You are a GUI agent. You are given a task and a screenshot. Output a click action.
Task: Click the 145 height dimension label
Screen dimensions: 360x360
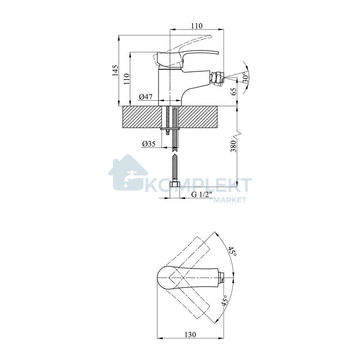115,70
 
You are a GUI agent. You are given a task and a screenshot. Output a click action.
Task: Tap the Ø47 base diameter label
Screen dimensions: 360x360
145,97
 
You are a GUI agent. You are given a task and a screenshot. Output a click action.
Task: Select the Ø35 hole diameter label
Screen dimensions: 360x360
149,144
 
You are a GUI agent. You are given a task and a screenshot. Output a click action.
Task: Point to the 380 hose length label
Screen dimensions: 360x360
233,146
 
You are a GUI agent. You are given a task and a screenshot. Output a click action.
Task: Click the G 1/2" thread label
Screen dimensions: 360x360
201,194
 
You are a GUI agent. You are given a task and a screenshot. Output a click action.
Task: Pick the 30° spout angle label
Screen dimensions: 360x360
246,77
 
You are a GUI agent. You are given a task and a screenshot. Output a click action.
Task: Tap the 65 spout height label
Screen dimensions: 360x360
234,91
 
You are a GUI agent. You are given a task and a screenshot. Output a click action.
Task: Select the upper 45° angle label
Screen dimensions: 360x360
232,252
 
